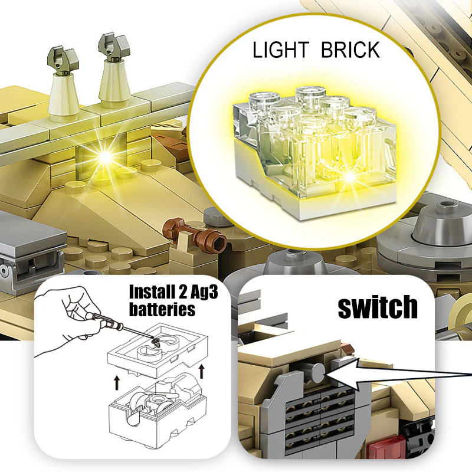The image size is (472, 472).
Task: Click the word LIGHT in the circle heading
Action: click(x=281, y=50)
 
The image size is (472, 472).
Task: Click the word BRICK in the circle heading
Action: click(x=350, y=50)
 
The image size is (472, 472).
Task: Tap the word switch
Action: click(x=378, y=307)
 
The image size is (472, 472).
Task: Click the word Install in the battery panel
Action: click(x=152, y=291)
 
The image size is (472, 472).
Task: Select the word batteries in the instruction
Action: click(x=162, y=309)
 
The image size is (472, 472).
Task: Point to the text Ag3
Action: click(x=204, y=293)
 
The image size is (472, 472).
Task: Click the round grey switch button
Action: click(x=318, y=373)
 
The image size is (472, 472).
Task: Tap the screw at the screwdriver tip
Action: click(x=156, y=342)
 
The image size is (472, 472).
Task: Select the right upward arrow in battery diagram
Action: click(x=202, y=371)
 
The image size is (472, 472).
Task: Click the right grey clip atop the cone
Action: click(x=114, y=47)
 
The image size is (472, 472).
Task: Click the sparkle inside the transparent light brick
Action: click(x=350, y=177)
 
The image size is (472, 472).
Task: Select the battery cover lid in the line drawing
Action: click(x=158, y=350)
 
